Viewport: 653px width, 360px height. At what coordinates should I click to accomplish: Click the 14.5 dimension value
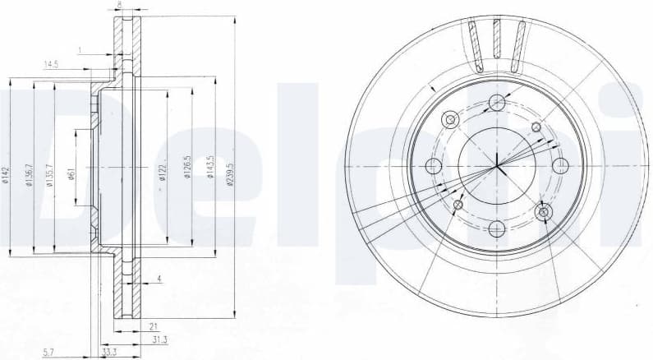tap(51, 64)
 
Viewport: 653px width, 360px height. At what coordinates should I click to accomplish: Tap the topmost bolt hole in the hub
tap(496, 103)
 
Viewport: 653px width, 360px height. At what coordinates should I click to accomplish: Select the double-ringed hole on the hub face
tap(542, 213)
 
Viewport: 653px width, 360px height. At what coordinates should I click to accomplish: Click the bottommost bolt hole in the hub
tap(496, 229)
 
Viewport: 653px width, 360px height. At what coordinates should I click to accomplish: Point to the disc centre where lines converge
tap(496, 166)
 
